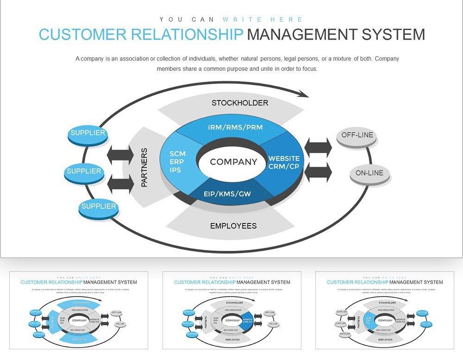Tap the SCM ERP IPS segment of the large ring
coord(177,162)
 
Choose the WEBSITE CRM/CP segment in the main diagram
coord(284,162)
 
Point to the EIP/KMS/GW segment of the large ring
coord(227,194)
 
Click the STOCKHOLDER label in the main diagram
coord(240,103)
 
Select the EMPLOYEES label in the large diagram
coord(233,226)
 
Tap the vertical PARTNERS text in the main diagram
coord(144,168)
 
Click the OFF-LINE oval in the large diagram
coord(357,136)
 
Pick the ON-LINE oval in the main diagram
coord(369,174)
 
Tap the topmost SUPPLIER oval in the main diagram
coord(88,133)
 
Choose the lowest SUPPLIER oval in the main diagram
coord(99,206)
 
